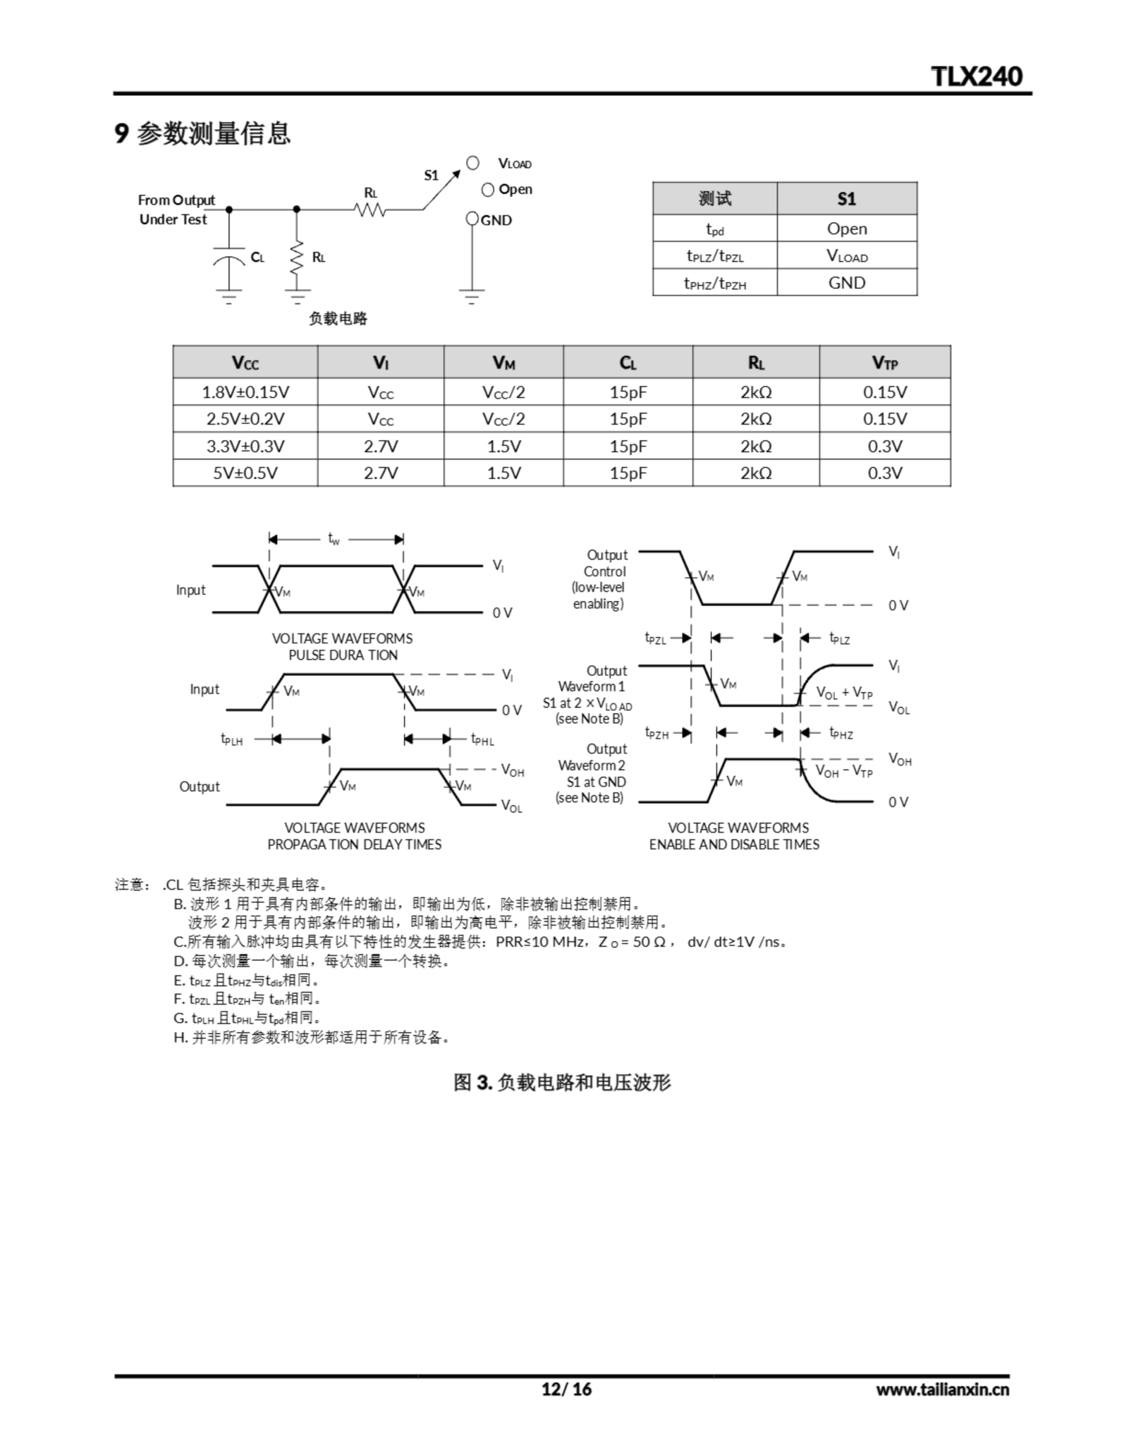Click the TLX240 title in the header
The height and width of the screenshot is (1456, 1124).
[x=976, y=77]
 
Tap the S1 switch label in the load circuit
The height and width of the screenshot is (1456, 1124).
[x=431, y=175]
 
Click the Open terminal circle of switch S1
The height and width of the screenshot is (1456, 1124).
[x=488, y=190]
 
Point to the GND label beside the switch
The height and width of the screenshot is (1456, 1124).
[x=497, y=221]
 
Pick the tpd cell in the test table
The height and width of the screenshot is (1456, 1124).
[x=714, y=229]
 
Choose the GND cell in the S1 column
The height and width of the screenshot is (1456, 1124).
[x=846, y=283]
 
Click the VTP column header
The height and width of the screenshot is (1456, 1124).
[x=884, y=363]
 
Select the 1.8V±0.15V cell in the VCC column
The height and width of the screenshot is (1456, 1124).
[x=245, y=392]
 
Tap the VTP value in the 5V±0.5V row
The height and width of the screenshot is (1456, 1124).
[x=884, y=473]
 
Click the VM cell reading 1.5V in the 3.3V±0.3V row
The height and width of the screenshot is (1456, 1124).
[x=503, y=446]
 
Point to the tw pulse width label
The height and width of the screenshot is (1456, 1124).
[x=334, y=539]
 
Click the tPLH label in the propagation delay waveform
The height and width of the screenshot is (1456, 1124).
[x=232, y=739]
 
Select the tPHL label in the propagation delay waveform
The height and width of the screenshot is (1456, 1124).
[x=482, y=739]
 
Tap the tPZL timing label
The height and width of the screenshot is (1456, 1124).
[x=656, y=639]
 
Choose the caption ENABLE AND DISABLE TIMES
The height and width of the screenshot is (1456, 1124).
[x=734, y=844]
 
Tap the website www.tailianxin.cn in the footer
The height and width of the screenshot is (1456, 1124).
[x=942, y=1389]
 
